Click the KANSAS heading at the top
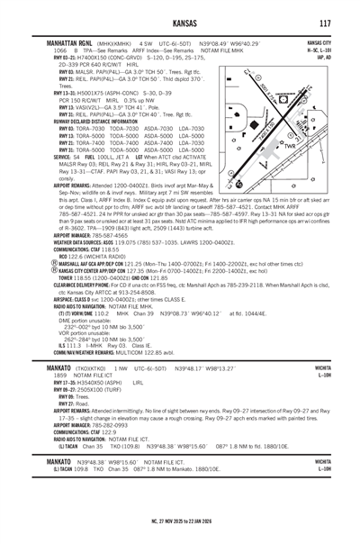179,22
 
